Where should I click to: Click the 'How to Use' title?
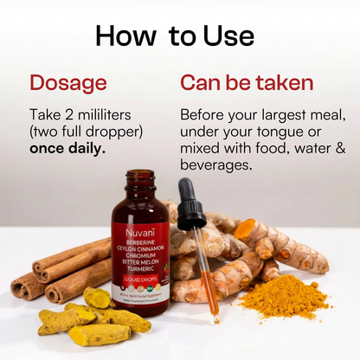pos(175,35)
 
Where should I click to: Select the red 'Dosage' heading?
pos(68,83)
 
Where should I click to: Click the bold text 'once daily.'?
pos(67,148)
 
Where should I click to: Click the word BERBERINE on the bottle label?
pos(139,246)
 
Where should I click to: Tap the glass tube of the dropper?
pos(208,277)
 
